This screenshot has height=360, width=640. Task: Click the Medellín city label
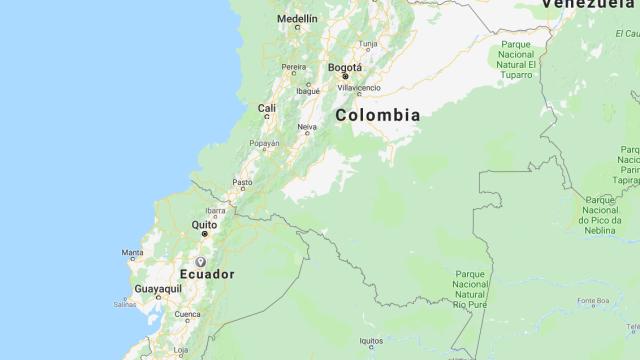tap(297, 19)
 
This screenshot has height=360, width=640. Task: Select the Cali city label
tap(267, 108)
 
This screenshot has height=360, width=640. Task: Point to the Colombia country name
tap(377, 115)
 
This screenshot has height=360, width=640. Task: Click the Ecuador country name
tap(207, 273)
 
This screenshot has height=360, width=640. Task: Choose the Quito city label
tap(204, 225)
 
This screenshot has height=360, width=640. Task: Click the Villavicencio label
tap(359, 88)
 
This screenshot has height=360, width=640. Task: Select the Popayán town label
tap(265, 143)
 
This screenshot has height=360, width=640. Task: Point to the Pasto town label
tap(242, 182)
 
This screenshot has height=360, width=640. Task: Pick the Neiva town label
tap(307, 127)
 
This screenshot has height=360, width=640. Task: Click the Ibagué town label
tap(308, 90)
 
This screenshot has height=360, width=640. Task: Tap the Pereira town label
tap(293, 68)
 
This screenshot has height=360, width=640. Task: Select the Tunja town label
tap(369, 44)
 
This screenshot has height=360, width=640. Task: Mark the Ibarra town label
tap(215, 210)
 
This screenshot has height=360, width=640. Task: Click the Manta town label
tap(132, 253)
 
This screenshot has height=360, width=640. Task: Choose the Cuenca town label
tap(187, 314)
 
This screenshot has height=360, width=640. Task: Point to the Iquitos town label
tap(372, 341)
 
